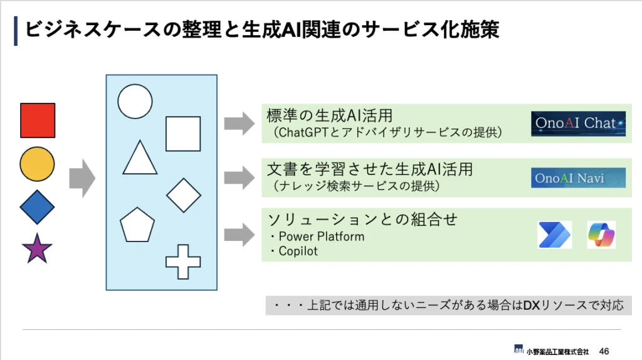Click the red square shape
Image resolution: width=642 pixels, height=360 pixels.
coord(38,120)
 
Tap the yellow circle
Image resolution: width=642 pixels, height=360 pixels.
coord(38,164)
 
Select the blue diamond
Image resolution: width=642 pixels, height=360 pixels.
coord(38,208)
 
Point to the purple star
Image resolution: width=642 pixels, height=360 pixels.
coord(37,248)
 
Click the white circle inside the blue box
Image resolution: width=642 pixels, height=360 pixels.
coord(135,101)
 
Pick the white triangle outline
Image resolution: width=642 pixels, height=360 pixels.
coord(140,158)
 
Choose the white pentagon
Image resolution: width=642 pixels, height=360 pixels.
coord(137,224)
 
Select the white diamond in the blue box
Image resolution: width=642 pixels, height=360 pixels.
coord(184,195)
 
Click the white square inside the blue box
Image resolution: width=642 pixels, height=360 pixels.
coord(183,134)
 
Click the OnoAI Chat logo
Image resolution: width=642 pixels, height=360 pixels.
coord(578,124)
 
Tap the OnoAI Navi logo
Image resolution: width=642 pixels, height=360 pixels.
coord(578,178)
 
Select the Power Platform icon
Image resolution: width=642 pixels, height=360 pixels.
coord(555,235)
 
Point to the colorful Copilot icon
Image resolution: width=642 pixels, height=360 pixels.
coord(601,235)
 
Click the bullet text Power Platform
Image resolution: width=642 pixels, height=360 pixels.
coord(320,236)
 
